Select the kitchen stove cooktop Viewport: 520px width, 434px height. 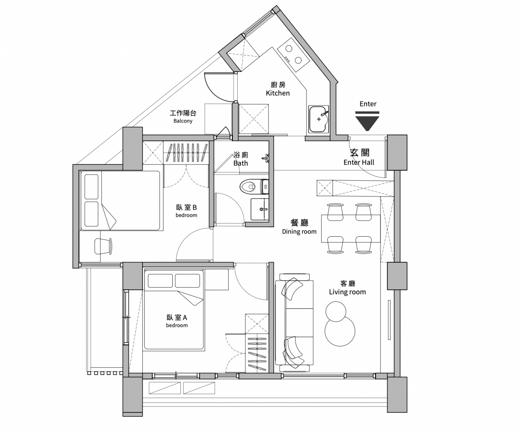coord(293,55)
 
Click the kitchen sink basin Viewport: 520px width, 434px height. coord(318,119)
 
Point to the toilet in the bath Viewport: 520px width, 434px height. coord(254,186)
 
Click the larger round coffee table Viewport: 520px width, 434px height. coord(340,331)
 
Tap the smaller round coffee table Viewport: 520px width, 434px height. coord(336,312)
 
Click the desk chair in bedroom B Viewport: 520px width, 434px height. coord(103,246)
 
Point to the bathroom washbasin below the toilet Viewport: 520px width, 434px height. coord(260,209)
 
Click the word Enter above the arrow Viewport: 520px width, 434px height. coord(368,104)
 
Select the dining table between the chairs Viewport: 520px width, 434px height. coord(351,228)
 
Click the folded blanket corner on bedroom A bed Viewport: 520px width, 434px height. coord(190,298)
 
